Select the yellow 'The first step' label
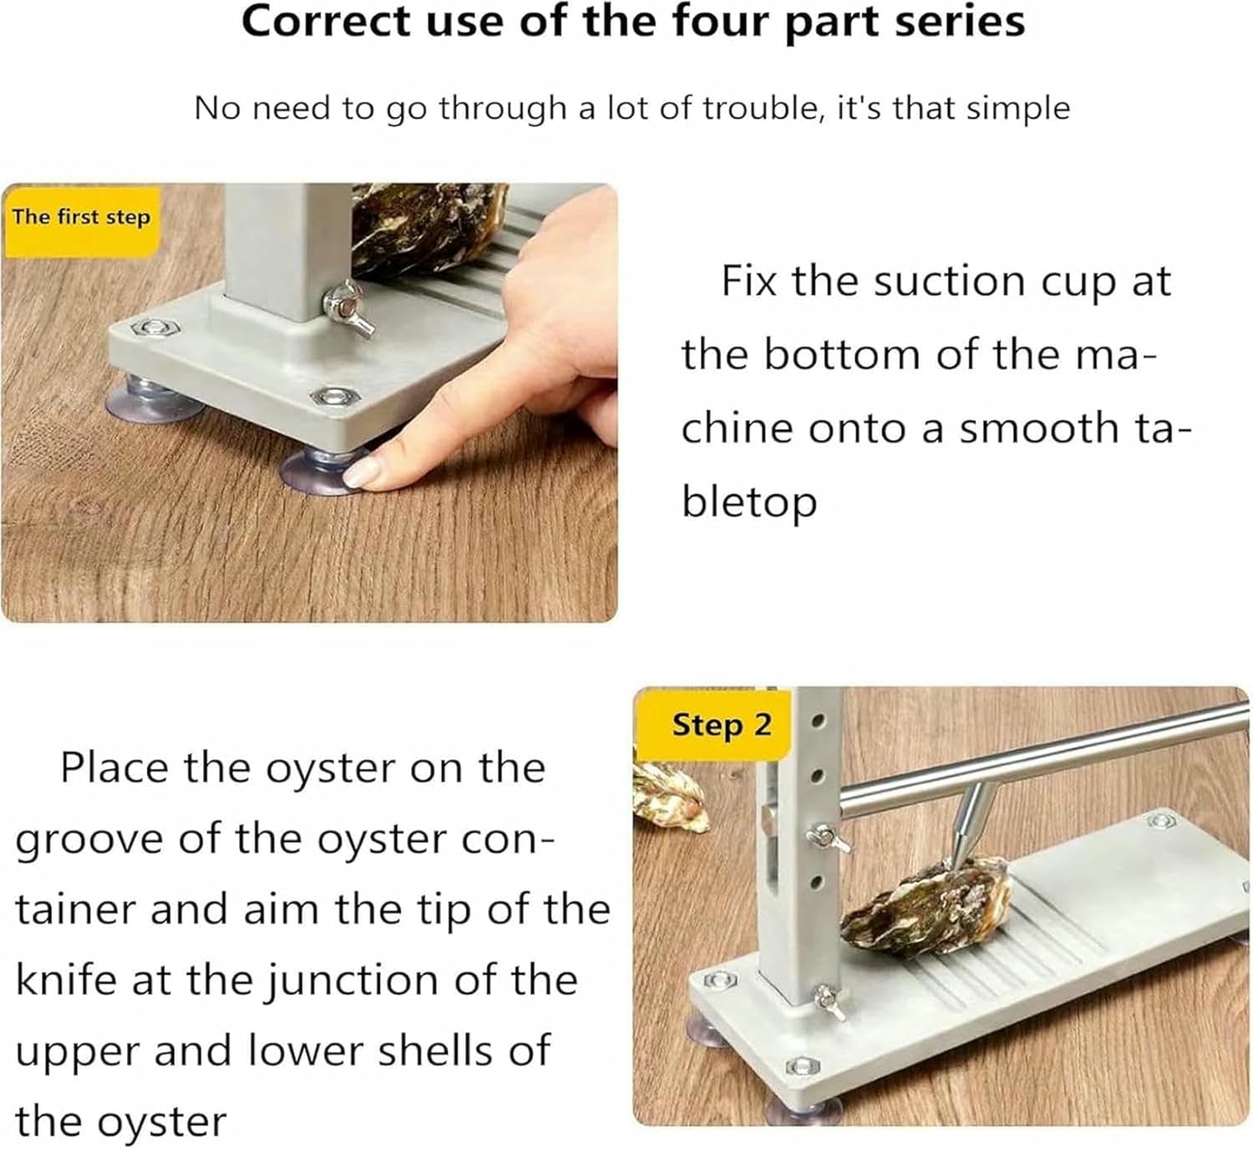pos(81,218)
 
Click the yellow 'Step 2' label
pos(722,725)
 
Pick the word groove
pos(89,839)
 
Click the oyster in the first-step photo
pos(426,225)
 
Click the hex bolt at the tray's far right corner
pos(1159,822)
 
